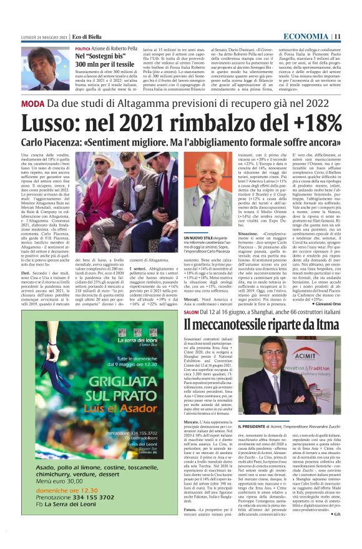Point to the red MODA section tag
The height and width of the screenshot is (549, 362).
pos(32,104)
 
